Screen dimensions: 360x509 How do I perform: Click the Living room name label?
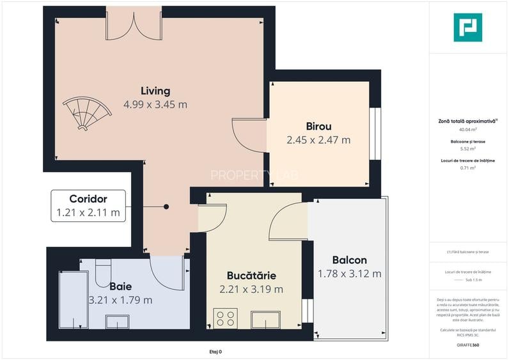click(x=155, y=90)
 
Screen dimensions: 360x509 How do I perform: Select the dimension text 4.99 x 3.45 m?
click(x=155, y=104)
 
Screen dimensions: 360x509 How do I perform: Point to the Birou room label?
click(x=318, y=126)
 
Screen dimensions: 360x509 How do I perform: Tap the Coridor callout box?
click(x=88, y=206)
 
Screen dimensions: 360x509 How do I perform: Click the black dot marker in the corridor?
click(x=166, y=207)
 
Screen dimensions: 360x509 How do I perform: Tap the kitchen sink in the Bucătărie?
click(x=266, y=319)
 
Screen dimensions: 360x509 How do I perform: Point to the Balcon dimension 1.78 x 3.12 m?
click(x=349, y=274)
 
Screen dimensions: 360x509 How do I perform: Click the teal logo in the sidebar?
click(x=467, y=27)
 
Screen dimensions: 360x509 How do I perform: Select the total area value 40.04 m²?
click(x=467, y=129)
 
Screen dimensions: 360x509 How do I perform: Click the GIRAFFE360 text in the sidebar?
click(x=467, y=345)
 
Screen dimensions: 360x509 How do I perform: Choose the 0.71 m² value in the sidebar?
click(x=467, y=168)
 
